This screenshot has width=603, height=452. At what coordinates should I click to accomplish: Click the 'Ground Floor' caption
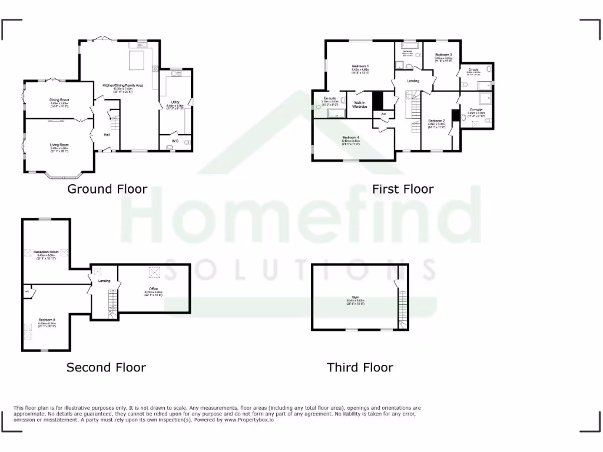[x=107, y=189]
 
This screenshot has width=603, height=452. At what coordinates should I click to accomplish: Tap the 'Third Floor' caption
[x=360, y=367]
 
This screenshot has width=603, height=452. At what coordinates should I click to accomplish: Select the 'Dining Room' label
[x=59, y=100]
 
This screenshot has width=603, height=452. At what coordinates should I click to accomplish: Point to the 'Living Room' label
[x=59, y=145]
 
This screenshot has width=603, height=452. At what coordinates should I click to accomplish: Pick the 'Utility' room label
[x=175, y=102]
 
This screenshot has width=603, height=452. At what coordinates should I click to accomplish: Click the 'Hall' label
[x=107, y=135]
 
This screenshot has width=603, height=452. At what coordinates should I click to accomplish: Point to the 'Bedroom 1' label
[x=360, y=65]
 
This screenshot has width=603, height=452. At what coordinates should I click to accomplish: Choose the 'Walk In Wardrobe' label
[x=360, y=105]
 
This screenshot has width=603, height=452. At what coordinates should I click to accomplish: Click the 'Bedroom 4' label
[x=351, y=138]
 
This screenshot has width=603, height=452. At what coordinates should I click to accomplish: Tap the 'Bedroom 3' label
[x=443, y=55]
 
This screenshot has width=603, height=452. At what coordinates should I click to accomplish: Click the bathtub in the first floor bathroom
[x=409, y=45]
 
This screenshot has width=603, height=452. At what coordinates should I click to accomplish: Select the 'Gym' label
[x=351, y=297]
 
